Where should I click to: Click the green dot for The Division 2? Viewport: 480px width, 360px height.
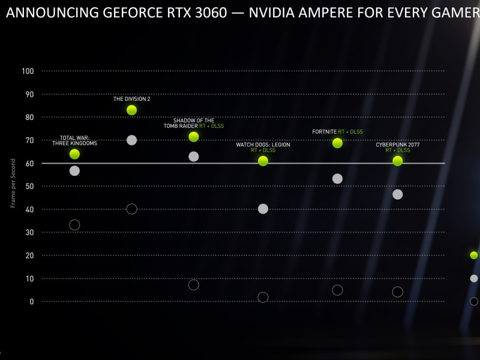click(x=132, y=110)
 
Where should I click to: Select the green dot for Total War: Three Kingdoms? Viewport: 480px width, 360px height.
click(x=74, y=154)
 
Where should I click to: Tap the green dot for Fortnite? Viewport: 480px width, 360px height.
click(x=337, y=143)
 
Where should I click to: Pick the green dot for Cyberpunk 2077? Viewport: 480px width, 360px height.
click(x=397, y=161)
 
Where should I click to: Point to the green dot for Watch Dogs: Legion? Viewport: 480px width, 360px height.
click(x=263, y=161)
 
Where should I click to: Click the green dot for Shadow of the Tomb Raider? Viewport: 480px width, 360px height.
click(x=194, y=137)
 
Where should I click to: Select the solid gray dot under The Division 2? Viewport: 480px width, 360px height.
click(x=132, y=140)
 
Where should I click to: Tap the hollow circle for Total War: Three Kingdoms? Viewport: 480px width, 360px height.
click(x=74, y=225)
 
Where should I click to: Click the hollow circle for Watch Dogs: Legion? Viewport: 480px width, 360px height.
click(x=263, y=297)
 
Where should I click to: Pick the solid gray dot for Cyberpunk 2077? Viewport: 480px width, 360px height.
click(x=397, y=194)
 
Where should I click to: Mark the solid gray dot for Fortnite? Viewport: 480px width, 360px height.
click(x=337, y=179)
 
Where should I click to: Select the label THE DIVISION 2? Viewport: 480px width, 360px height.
click(x=132, y=99)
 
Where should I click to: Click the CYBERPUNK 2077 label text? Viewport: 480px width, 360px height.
click(x=397, y=144)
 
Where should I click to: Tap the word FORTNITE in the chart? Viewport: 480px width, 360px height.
click(x=324, y=131)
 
